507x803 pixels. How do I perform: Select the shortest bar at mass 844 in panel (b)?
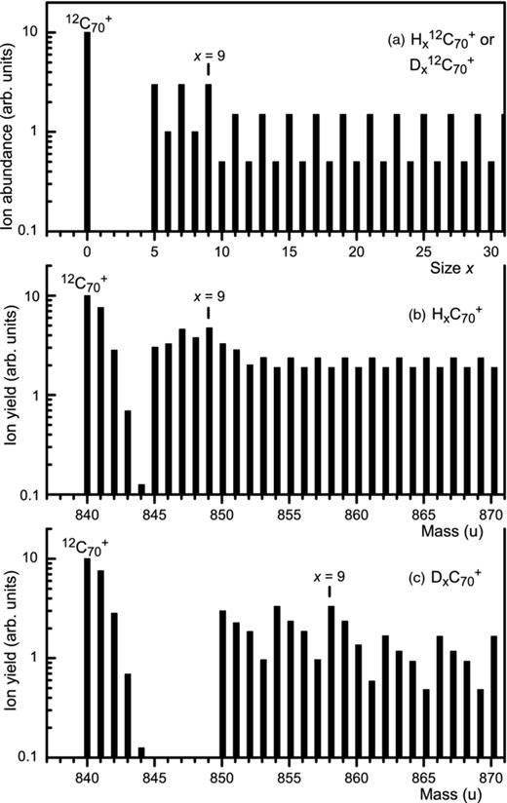[141, 489]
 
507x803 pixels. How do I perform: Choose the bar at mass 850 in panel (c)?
[222, 683]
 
